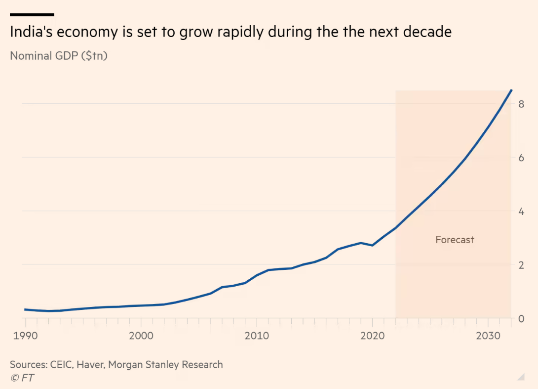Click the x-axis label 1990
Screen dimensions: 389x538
click(x=25, y=336)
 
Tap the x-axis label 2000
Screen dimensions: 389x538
click(x=141, y=336)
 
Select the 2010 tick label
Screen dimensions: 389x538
click(x=257, y=336)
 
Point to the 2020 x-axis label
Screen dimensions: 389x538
click(x=373, y=336)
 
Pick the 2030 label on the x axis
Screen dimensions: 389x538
click(x=488, y=336)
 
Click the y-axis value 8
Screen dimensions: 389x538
click(x=521, y=104)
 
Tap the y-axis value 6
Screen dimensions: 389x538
click(x=521, y=158)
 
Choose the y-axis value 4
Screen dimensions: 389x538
click(x=521, y=212)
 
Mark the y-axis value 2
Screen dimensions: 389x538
click(x=521, y=265)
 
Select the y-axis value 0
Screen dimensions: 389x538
click(x=521, y=319)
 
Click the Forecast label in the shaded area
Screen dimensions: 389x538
click(x=455, y=240)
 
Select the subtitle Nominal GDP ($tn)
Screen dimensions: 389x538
click(x=59, y=55)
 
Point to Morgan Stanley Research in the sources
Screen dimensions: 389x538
click(x=165, y=365)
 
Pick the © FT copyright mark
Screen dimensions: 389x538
click(x=22, y=378)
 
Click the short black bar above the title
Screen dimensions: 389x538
click(x=32, y=15)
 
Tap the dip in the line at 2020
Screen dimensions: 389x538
click(x=373, y=245)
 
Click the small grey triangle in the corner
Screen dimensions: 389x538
click(x=520, y=378)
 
